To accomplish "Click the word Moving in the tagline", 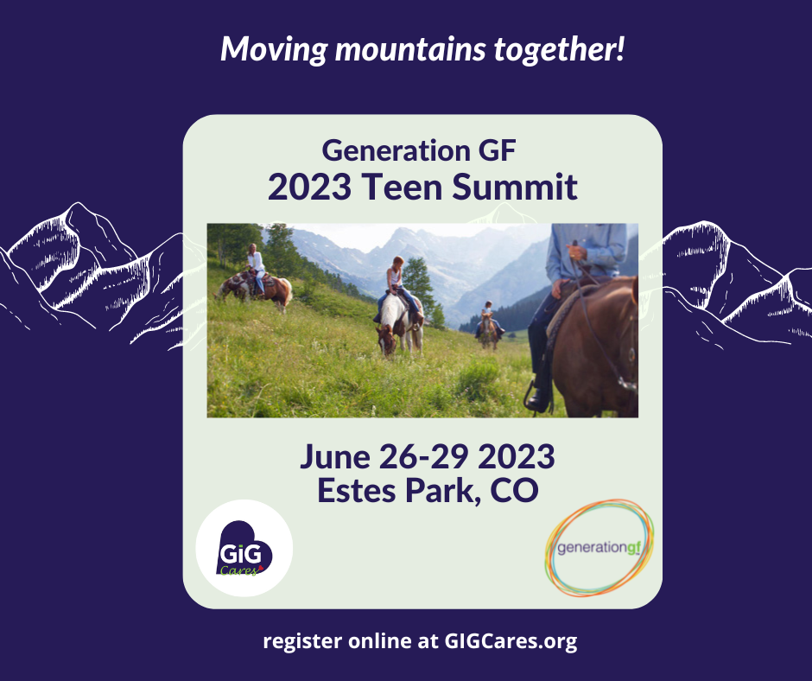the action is (274, 50).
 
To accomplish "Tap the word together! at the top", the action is (559, 48).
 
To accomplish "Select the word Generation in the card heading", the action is (396, 151).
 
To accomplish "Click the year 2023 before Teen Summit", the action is (309, 187).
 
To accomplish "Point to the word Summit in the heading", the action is (515, 187).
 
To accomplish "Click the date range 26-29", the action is (424, 456).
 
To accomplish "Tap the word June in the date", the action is (335, 456).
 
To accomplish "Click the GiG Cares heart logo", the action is (244, 548).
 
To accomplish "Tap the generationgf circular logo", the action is (599, 547).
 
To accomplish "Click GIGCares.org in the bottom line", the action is (511, 641).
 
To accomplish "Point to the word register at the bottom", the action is (302, 641).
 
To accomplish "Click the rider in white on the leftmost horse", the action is (256, 268).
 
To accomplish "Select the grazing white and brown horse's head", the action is (386, 340).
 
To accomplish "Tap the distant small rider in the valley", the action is (488, 317).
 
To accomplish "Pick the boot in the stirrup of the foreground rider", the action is (538, 399).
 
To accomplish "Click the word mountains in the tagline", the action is (410, 50).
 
